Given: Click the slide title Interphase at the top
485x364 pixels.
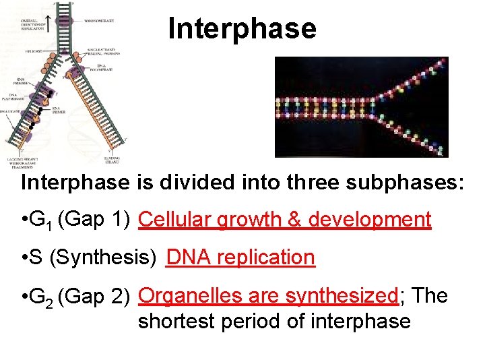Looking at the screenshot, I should [242, 29].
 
